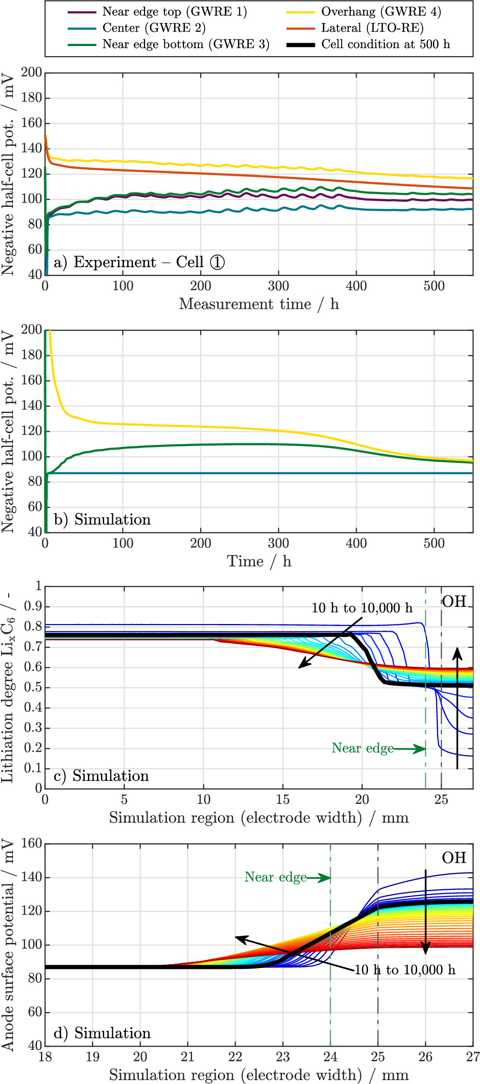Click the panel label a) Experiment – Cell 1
point(139,262)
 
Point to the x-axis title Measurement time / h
point(259,304)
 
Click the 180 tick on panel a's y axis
point(32,98)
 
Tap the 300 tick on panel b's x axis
point(278,543)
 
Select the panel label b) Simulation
point(102,519)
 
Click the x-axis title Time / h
point(259,561)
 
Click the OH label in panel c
point(454,601)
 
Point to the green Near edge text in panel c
point(362,748)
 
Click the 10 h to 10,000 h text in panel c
point(362,608)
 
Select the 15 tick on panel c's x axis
point(283,800)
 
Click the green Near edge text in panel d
point(276,877)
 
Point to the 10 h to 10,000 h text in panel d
point(405,970)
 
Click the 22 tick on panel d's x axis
point(235,1057)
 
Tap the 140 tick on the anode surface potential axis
point(32,877)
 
